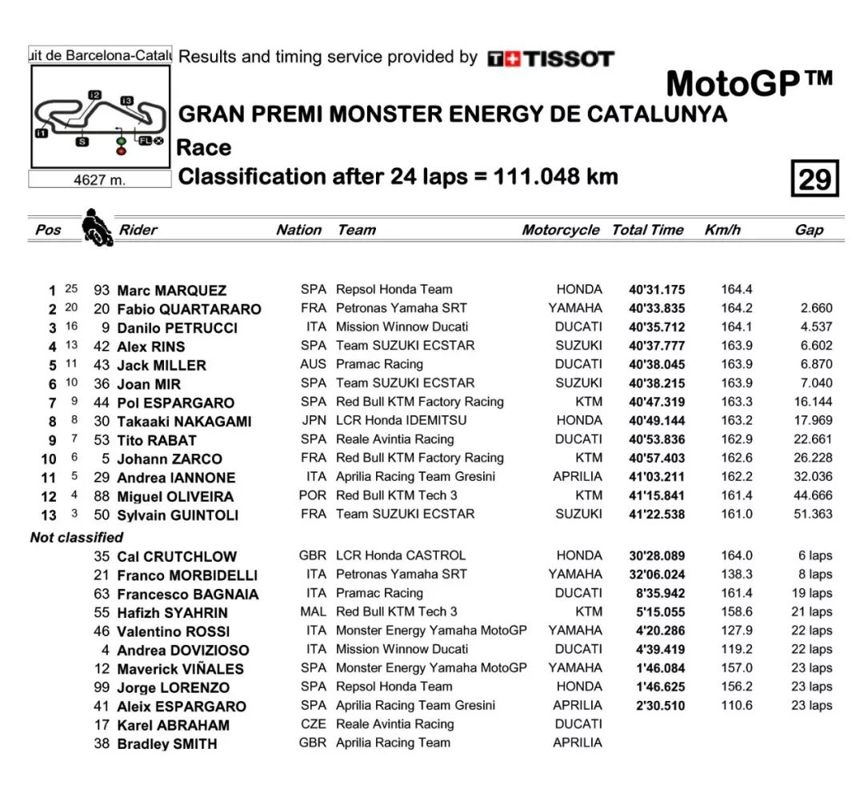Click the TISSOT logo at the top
point(550,58)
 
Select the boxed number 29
point(814,178)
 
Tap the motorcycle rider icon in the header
point(97,227)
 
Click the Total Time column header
point(647,230)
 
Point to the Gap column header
point(809,230)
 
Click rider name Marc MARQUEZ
point(171,290)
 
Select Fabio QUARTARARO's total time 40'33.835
point(656,309)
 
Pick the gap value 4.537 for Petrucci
point(815,326)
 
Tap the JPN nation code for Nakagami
point(313,420)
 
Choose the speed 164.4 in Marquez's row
point(737,290)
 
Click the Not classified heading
point(77,537)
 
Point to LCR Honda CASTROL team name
point(400,555)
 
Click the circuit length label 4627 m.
point(99,180)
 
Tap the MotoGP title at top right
point(749,84)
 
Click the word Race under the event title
point(204,148)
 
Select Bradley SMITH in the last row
point(167,744)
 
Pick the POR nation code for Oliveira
point(313,495)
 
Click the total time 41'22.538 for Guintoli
point(656,515)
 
